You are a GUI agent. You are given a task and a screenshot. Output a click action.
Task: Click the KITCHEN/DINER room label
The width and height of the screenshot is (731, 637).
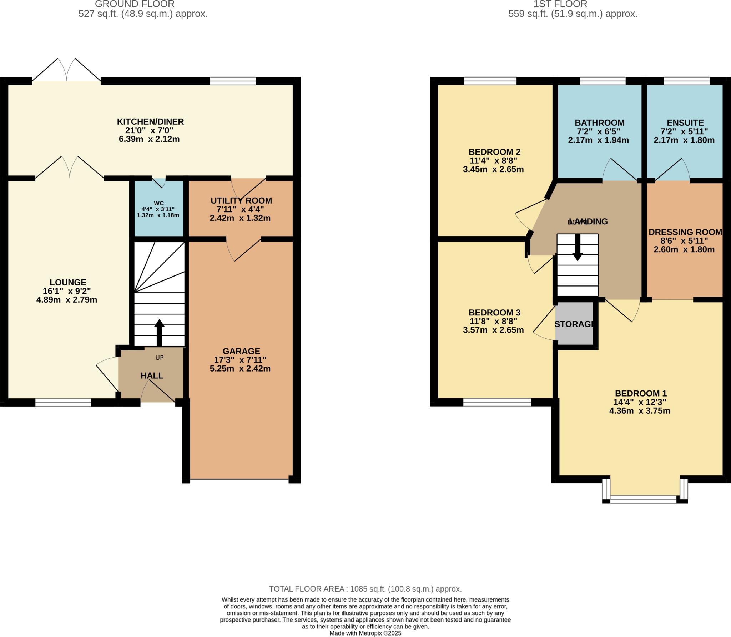pyautogui.click(x=150, y=122)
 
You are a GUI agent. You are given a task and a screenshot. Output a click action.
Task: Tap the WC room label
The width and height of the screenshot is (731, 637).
pyautogui.click(x=159, y=203)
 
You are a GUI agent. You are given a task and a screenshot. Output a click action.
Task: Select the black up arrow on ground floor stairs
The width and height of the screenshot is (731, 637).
pyautogui.click(x=159, y=332)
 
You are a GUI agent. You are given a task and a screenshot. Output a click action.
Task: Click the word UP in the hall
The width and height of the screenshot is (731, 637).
pyautogui.click(x=160, y=358)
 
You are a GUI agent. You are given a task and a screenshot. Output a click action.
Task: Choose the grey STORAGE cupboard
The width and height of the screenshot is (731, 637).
pyautogui.click(x=574, y=324)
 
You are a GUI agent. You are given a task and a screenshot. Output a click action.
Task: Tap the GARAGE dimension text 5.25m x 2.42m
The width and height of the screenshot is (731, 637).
pyautogui.click(x=240, y=369)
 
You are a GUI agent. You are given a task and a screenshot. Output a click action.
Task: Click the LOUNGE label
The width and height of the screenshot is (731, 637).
pyautogui.click(x=68, y=282)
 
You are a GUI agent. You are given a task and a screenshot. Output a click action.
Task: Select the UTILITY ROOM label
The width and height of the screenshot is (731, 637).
pyautogui.click(x=241, y=201)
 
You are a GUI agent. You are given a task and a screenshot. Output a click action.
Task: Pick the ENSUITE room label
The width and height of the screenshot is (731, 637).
pyautogui.click(x=685, y=123)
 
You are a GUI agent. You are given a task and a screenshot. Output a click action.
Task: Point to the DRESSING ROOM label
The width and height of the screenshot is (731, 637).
pyautogui.click(x=685, y=232)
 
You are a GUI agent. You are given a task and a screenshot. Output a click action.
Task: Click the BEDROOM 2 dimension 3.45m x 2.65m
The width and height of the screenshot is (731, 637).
pyautogui.click(x=493, y=170)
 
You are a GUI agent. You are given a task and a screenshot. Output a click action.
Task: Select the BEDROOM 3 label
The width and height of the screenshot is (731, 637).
pyautogui.click(x=494, y=312)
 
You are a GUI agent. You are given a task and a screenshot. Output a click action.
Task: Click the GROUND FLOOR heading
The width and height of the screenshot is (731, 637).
pyautogui.click(x=135, y=4)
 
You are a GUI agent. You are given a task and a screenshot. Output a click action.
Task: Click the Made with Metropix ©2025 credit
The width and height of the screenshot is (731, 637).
pyautogui.click(x=365, y=633)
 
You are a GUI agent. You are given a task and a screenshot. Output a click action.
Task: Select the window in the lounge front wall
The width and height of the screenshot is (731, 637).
pyautogui.click(x=63, y=403)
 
